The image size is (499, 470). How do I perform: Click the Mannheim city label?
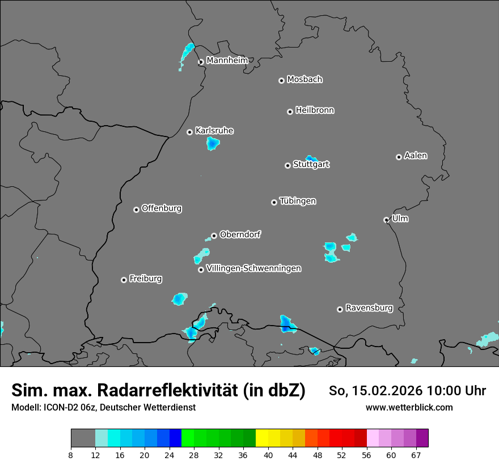pyautogui.click(x=227, y=60)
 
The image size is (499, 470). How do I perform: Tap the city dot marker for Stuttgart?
pyautogui.click(x=287, y=165)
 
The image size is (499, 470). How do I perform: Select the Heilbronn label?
pyautogui.click(x=315, y=110)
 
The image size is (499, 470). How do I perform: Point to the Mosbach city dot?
pyautogui.click(x=281, y=80)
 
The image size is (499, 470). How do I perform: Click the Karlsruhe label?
pyautogui.click(x=214, y=131)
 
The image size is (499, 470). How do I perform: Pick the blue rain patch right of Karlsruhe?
pyautogui.click(x=213, y=143)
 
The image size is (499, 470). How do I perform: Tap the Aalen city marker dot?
pyautogui.click(x=399, y=157)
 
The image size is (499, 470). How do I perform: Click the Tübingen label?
pyautogui.click(x=298, y=201)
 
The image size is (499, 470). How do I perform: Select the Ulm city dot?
pyautogui.click(x=386, y=220)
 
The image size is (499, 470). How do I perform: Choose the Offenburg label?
pyautogui.click(x=162, y=208)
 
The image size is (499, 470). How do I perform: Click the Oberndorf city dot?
pyautogui.click(x=214, y=236)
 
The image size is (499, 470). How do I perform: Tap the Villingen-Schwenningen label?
pyautogui.click(x=253, y=268)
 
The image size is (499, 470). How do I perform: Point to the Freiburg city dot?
pyautogui.click(x=124, y=280)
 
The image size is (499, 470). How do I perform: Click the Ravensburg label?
pyautogui.click(x=369, y=308)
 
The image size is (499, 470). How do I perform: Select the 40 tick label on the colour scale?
pyautogui.click(x=268, y=455)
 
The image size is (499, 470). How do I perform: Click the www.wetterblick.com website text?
pyautogui.click(x=409, y=407)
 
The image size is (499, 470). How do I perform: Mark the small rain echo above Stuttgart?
pyautogui.click(x=311, y=159)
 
